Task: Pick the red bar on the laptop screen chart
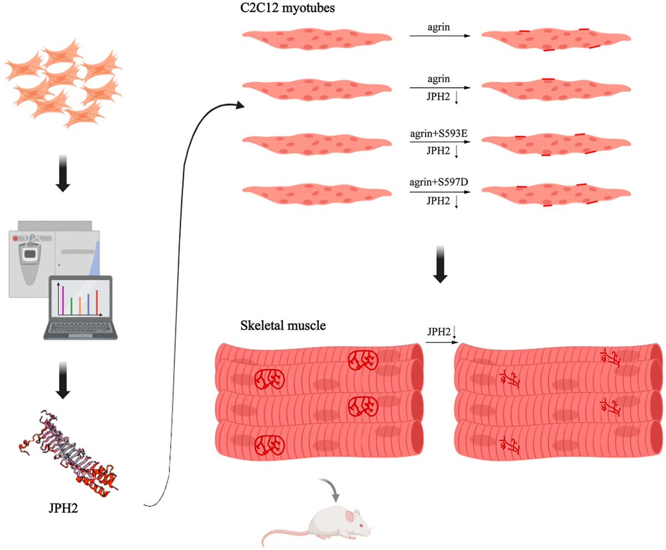pos(97,301)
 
